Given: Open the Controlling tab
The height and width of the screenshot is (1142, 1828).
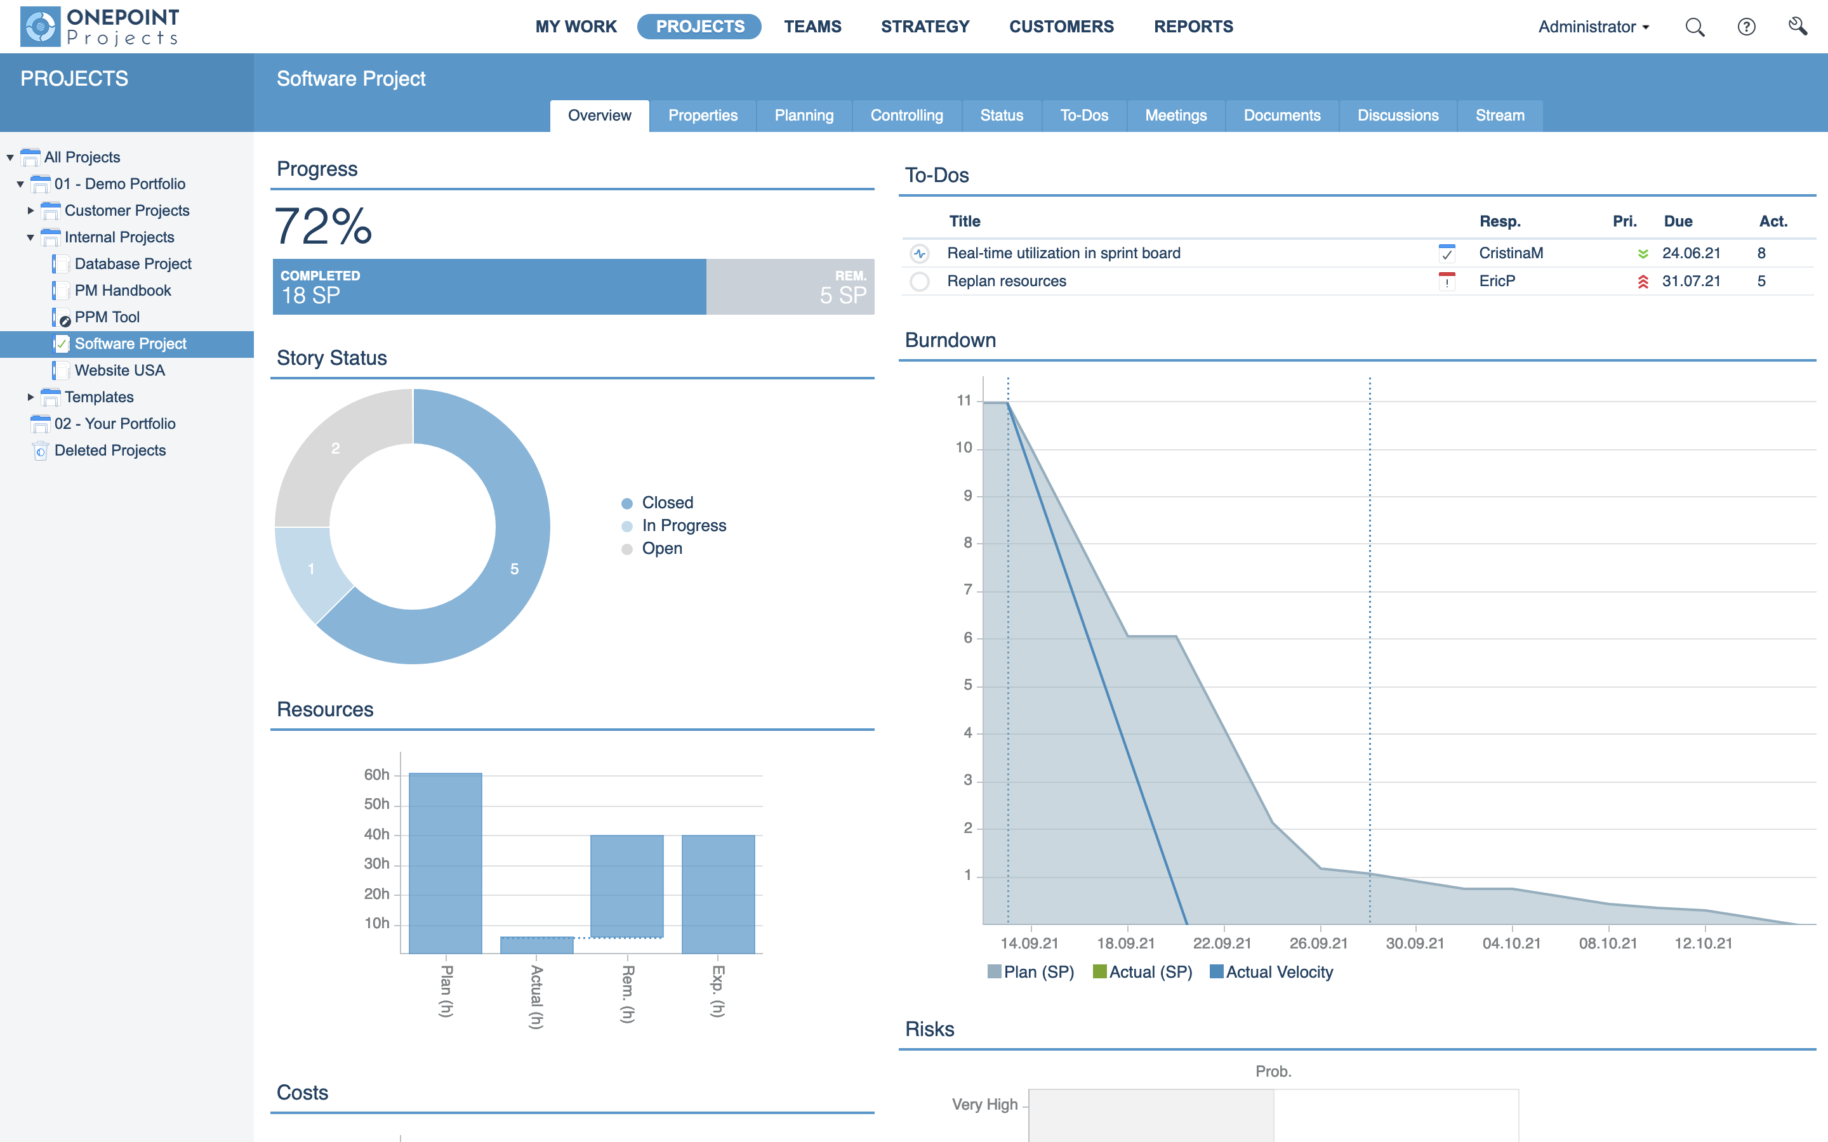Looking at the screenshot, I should [906, 115].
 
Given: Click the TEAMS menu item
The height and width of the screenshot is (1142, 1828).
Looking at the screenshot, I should [812, 27].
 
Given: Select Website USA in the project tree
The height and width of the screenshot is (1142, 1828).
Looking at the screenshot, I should [119, 370].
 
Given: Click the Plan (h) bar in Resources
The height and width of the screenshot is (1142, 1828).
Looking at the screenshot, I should [445, 861].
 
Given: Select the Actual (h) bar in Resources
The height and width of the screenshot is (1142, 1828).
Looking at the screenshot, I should [536, 945].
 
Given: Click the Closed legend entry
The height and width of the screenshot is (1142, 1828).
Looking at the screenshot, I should [666, 503].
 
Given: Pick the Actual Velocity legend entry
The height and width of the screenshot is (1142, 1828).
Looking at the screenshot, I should [1278, 972].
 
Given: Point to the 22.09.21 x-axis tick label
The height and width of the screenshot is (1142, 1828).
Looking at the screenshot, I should [1221, 943].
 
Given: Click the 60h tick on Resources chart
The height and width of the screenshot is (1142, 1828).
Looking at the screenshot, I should [376, 774].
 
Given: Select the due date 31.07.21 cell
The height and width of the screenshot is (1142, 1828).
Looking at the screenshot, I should [1690, 281].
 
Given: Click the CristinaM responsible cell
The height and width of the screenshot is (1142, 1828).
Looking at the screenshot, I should [1511, 253].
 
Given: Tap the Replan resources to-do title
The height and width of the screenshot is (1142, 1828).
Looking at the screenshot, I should [1006, 281].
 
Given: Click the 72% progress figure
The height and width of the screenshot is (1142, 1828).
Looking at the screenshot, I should [323, 226].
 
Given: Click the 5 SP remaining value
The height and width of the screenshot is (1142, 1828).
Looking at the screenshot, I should [842, 295].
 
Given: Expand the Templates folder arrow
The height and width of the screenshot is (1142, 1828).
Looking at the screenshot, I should [30, 397].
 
